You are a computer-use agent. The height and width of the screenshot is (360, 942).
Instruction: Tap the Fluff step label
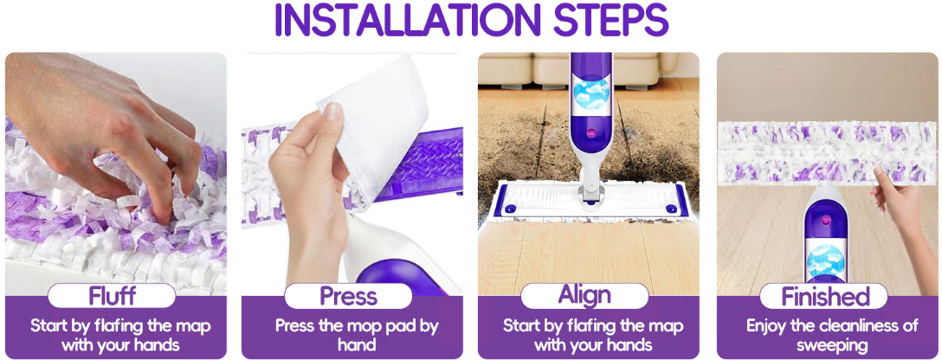tap(112, 296)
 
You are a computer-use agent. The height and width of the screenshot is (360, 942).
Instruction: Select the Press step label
tap(348, 296)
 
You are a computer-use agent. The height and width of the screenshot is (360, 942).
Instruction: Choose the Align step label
tap(584, 296)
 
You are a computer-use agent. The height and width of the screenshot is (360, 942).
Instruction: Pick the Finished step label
tap(824, 296)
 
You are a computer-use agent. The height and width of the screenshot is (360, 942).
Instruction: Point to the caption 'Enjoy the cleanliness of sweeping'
tap(832, 336)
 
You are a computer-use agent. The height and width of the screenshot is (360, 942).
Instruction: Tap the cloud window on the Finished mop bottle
tap(825, 263)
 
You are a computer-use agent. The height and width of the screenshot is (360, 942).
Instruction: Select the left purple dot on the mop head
tap(511, 208)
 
